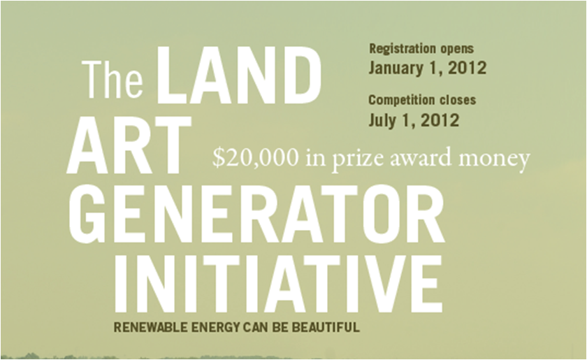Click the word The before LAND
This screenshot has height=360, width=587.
pyautogui.click(x=113, y=80)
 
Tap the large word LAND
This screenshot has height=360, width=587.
pyautogui.click(x=239, y=75)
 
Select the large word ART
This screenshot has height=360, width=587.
pyautogui.click(x=129, y=145)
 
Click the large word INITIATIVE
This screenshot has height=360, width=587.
pyautogui.click(x=279, y=284)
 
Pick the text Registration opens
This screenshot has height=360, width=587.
pyautogui.click(x=421, y=49)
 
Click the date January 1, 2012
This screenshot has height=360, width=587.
pyautogui.click(x=428, y=69)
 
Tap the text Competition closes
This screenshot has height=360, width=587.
pyautogui.click(x=422, y=100)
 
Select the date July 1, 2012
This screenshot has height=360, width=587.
pyautogui.click(x=414, y=120)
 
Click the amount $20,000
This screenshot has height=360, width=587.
pyautogui.click(x=256, y=158)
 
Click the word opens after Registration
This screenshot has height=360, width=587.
pyautogui.click(x=454, y=50)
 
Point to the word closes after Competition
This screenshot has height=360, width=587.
pyautogui.click(x=458, y=100)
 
